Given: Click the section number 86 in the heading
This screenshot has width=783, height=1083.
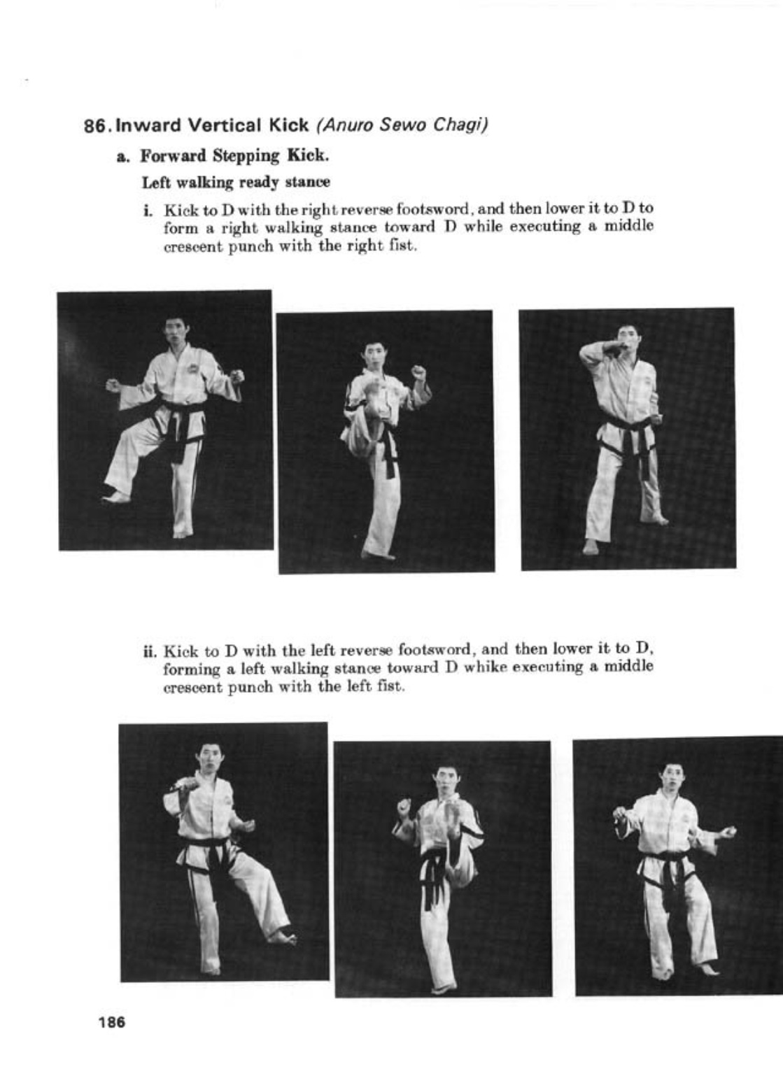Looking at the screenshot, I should point(94,127).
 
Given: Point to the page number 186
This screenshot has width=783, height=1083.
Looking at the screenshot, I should point(112,1022).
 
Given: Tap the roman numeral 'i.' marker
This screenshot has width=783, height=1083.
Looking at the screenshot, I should point(148,210).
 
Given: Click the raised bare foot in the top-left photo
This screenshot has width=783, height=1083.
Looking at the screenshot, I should point(116,496).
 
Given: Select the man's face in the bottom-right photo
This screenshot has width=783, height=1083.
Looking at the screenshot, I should point(672,776).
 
